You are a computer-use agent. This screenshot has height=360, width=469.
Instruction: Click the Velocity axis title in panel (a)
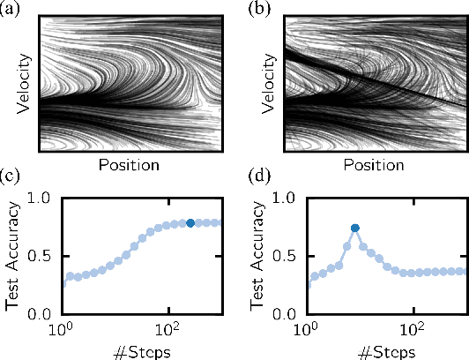point(26,85)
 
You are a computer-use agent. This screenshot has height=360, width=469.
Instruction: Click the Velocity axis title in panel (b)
point(271,85)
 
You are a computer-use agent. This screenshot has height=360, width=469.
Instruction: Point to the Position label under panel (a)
point(130,165)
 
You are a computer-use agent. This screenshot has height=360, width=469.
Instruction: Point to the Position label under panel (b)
point(376,165)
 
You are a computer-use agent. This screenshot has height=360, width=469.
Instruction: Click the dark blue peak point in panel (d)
point(355,228)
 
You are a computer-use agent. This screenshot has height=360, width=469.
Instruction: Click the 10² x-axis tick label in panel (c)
point(167,330)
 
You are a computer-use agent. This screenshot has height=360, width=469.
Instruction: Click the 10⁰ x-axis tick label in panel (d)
point(306,330)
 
